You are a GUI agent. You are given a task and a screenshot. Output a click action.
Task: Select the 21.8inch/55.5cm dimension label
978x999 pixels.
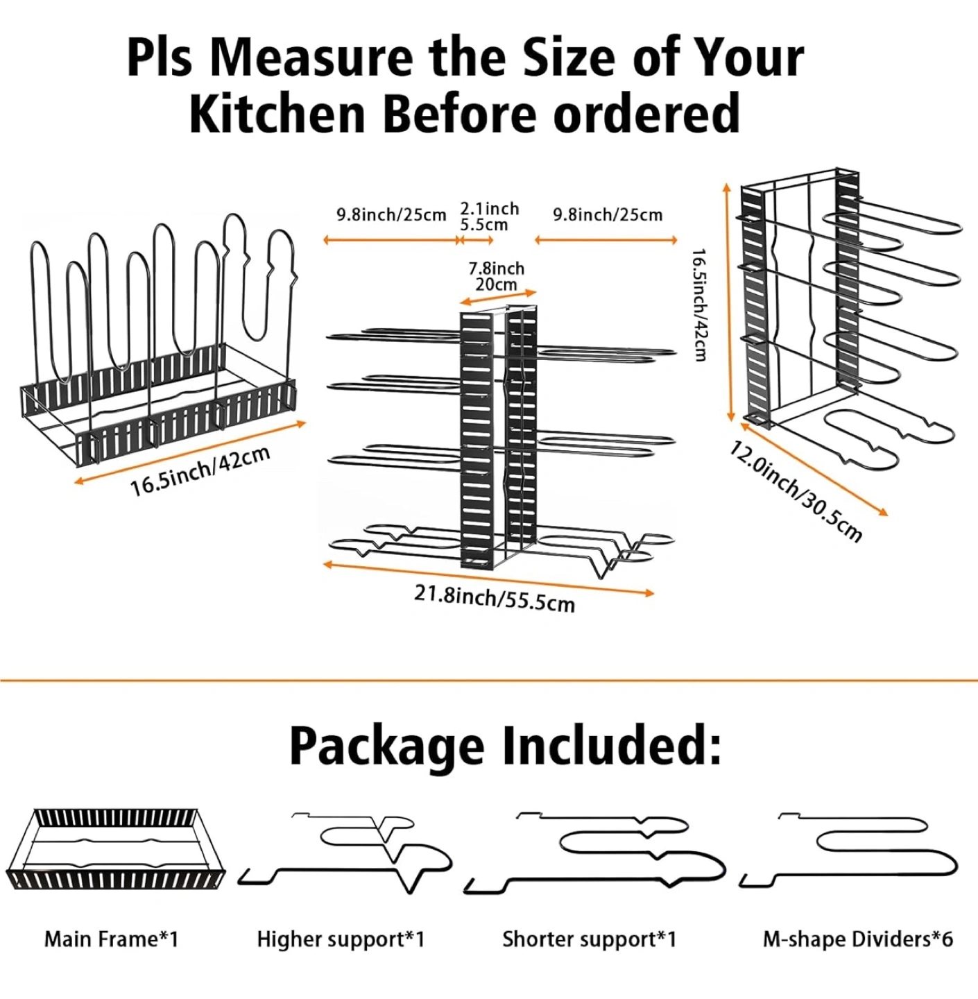pyautogui.click(x=495, y=598)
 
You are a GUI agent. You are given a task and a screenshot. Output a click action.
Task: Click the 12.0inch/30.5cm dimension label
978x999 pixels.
pyautogui.click(x=796, y=490)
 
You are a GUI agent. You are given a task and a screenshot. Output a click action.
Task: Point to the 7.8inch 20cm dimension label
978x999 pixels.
pyautogui.click(x=497, y=276)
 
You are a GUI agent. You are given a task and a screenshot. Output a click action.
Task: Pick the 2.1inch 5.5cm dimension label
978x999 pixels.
pyautogui.click(x=489, y=216)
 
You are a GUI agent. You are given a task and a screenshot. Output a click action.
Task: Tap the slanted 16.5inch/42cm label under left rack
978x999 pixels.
pyautogui.click(x=200, y=472)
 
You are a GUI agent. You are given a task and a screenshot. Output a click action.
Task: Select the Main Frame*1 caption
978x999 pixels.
pyautogui.click(x=112, y=939)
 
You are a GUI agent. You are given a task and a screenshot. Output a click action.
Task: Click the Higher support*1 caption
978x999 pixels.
pyautogui.click(x=341, y=939)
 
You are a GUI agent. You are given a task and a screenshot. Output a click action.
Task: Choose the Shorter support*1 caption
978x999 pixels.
pyautogui.click(x=589, y=939)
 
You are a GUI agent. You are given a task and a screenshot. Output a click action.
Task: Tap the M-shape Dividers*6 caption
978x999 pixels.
pyautogui.click(x=858, y=939)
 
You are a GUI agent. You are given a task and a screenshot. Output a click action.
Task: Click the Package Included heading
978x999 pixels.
pyautogui.click(x=505, y=746)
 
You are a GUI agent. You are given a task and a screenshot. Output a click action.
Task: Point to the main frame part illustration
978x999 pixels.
pyautogui.click(x=116, y=848)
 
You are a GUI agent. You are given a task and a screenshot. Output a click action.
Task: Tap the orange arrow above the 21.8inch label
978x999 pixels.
pyautogui.click(x=488, y=579)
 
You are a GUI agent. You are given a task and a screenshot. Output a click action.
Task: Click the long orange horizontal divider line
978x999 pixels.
pyautogui.click(x=489, y=681)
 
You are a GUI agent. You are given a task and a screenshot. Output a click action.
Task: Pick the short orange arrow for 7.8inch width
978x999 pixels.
pyautogui.click(x=498, y=298)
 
